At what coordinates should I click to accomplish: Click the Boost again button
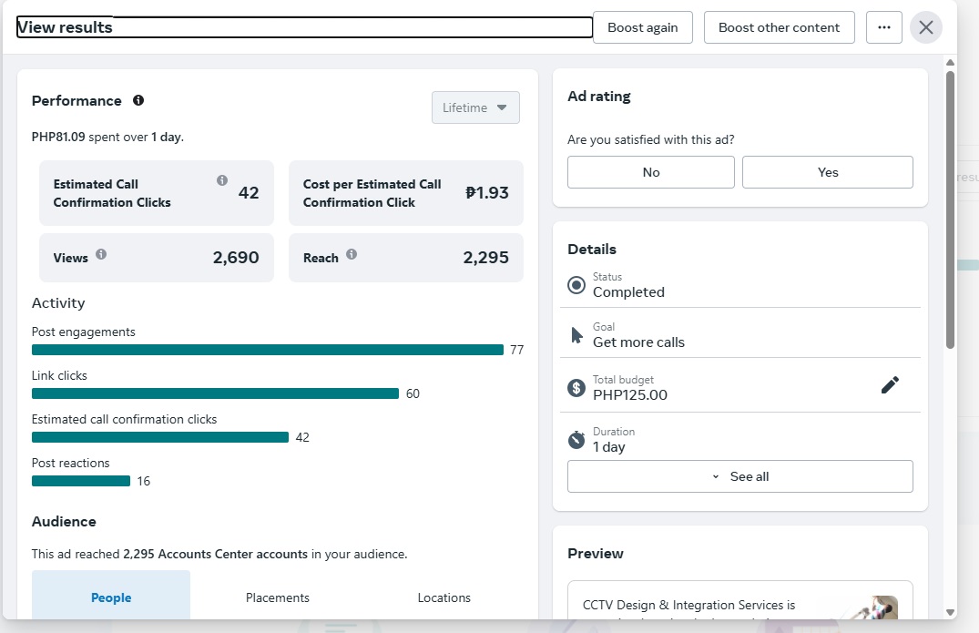[x=643, y=27]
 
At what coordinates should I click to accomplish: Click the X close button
[x=926, y=27]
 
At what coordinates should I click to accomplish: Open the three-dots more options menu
[x=883, y=27]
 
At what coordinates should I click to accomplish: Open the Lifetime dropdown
[x=475, y=107]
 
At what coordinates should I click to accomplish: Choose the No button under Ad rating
[x=650, y=172]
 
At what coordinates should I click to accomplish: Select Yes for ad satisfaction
[x=827, y=172]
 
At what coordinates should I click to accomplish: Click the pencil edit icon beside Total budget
[x=890, y=385]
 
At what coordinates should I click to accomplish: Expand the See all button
[x=739, y=476]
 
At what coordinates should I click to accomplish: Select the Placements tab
[x=278, y=597]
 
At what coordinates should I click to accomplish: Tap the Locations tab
[x=444, y=597]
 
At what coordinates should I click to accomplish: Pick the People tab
[x=111, y=597]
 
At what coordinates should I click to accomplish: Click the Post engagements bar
[x=268, y=350]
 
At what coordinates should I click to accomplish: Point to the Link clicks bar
[x=215, y=393]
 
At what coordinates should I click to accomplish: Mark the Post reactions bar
[x=81, y=481]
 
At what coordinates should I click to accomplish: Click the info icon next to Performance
[x=138, y=100]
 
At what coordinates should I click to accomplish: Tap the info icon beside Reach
[x=352, y=255]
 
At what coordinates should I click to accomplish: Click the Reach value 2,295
[x=485, y=258]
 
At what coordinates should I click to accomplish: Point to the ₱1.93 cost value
[x=486, y=192]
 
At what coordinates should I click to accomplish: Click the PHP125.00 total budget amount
[x=630, y=395]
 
